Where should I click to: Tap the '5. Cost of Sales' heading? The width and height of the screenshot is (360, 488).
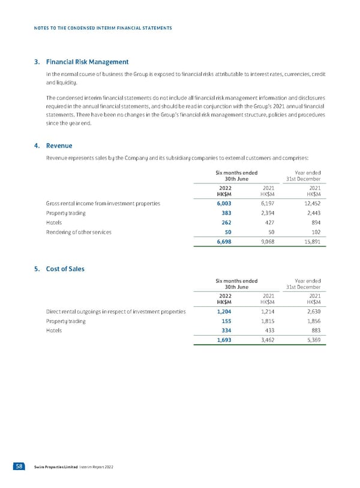tap(65, 269)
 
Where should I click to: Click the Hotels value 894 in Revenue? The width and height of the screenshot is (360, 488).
tap(314, 222)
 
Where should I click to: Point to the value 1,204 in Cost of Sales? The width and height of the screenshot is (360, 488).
tap(223, 312)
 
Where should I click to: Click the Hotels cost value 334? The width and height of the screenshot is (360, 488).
tap(226, 330)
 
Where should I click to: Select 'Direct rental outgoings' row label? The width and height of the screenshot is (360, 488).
tap(115, 312)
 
